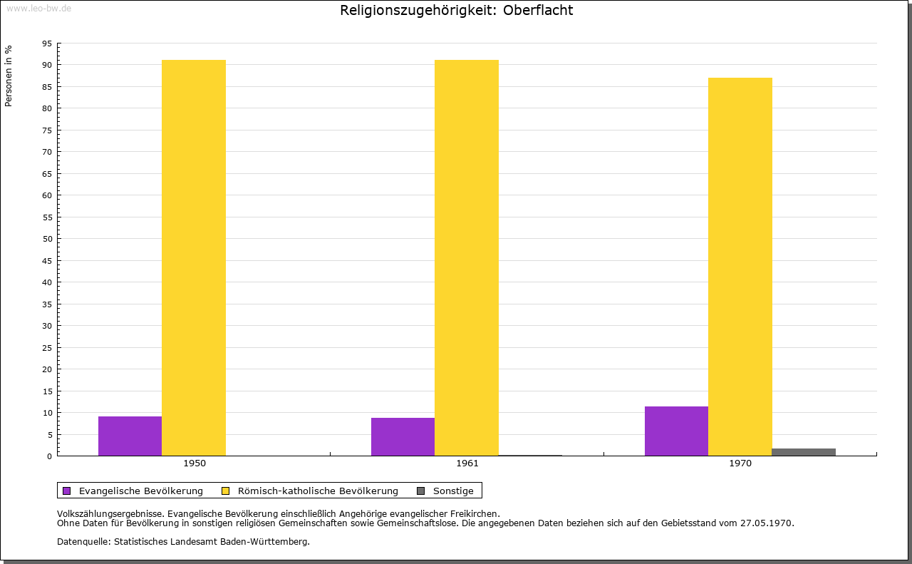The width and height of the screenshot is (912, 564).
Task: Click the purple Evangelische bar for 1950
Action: point(130,436)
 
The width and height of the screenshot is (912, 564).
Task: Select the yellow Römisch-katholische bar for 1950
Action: point(194,257)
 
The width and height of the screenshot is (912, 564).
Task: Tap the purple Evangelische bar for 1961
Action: point(403,436)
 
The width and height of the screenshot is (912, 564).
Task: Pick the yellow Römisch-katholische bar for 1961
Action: point(467,257)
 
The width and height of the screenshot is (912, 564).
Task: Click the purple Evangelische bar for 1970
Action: point(676,431)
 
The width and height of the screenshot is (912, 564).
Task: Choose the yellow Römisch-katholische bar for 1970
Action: point(740,267)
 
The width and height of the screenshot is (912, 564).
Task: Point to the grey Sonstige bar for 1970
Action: point(804,452)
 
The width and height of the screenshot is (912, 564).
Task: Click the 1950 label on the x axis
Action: point(195,463)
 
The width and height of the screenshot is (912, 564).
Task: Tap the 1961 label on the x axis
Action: point(467,463)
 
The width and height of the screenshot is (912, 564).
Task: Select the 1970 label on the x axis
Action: point(740,463)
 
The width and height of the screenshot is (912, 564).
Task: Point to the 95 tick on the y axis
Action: point(47,43)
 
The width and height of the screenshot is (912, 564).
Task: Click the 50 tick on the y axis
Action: point(47,239)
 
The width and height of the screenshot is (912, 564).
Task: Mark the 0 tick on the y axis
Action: point(50,456)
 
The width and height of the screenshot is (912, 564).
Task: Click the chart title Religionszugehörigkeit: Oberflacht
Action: point(456,10)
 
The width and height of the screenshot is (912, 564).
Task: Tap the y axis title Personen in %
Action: point(9,76)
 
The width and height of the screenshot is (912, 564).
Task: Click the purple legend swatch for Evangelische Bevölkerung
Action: point(67,491)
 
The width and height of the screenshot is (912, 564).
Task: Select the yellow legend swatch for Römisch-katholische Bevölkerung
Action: point(226,491)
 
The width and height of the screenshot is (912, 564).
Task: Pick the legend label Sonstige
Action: point(453,491)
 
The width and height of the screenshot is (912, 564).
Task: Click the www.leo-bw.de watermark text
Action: point(38,7)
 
